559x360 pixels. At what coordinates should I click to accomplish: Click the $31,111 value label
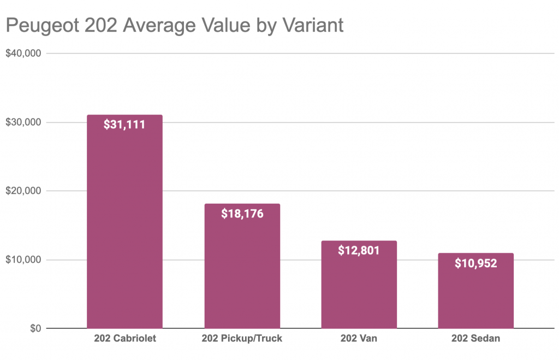[x=124, y=125]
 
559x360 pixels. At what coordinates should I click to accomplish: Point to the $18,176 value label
[x=242, y=214]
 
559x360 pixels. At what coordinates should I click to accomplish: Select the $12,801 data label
[x=359, y=251]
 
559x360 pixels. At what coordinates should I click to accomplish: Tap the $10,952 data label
[x=475, y=263]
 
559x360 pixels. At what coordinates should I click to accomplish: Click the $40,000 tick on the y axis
[x=23, y=54]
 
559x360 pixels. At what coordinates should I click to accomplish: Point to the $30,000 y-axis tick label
[x=23, y=122]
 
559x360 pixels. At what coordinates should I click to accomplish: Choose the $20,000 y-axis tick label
[x=23, y=191]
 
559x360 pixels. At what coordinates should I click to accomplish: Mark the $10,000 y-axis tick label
[x=23, y=259]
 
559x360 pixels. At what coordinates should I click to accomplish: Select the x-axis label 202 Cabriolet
[x=124, y=339]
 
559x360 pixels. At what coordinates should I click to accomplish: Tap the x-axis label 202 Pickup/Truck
[x=242, y=339]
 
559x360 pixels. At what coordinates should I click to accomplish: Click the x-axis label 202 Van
[x=359, y=339]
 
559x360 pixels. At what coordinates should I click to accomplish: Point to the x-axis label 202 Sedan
[x=475, y=339]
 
